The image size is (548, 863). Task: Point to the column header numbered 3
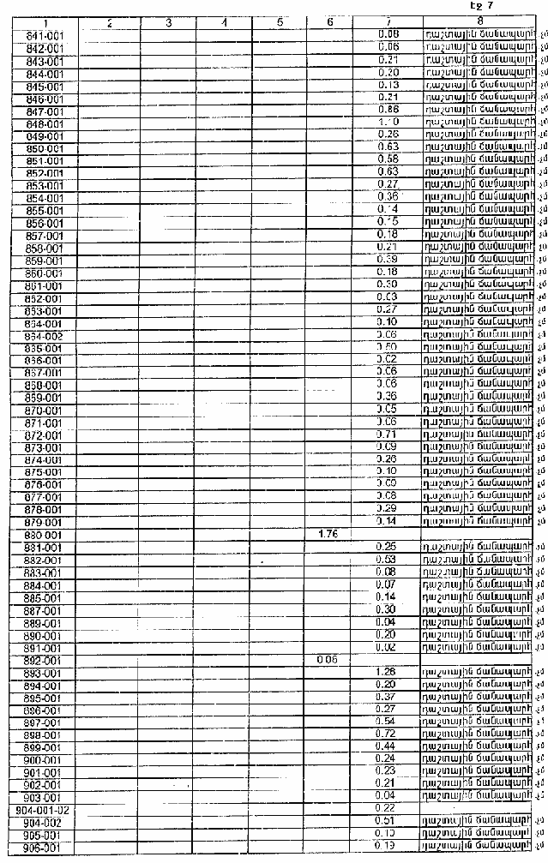click(x=168, y=21)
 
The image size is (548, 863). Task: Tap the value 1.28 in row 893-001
click(x=387, y=672)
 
